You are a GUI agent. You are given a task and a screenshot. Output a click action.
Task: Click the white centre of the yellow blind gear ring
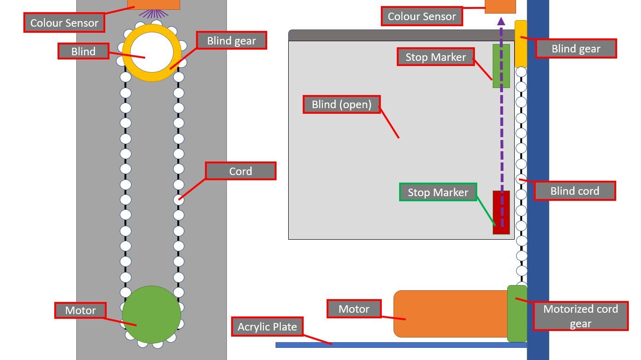click(x=152, y=53)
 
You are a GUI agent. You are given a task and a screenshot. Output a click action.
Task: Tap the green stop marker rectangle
click(x=501, y=66)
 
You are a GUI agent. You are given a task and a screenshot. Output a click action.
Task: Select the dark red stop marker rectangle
click(x=501, y=212)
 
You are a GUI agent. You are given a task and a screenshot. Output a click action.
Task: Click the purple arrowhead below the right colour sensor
click(x=501, y=21)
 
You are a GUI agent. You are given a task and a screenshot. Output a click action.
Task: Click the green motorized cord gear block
click(x=517, y=314)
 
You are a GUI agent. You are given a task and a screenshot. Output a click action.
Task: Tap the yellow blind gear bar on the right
click(x=521, y=44)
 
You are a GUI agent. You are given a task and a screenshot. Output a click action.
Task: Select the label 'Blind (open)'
click(x=342, y=104)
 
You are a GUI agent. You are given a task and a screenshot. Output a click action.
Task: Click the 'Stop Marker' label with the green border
click(x=438, y=192)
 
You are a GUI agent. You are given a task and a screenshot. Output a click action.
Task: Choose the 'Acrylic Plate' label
click(x=267, y=327)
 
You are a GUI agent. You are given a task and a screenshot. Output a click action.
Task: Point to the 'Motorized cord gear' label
click(x=581, y=316)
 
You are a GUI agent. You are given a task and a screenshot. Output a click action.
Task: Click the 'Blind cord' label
click(x=575, y=191)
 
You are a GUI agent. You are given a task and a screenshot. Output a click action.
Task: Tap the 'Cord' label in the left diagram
click(x=240, y=171)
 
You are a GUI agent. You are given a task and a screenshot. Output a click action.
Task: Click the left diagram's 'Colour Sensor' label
click(x=64, y=23)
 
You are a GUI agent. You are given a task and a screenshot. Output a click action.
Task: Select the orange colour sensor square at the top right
click(x=500, y=6)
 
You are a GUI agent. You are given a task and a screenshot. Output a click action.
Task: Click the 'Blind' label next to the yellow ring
click(x=83, y=51)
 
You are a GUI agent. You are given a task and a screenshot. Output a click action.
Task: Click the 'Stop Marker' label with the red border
click(x=436, y=57)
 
